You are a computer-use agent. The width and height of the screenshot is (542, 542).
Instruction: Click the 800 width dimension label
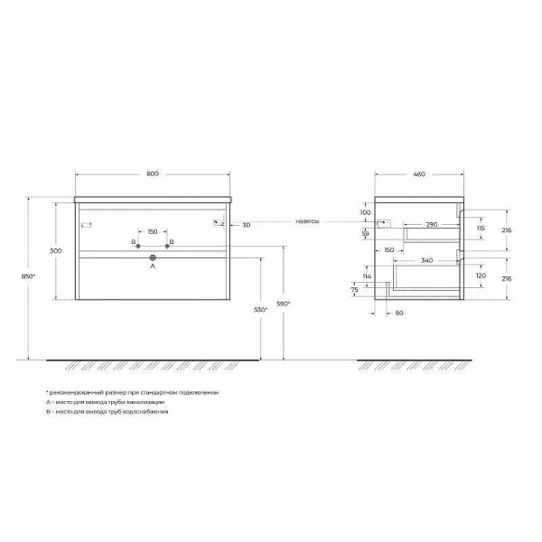[152, 174]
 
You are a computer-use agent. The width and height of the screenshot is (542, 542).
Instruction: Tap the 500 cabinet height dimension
[56, 250]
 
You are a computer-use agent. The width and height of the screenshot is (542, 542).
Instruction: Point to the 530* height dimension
[259, 310]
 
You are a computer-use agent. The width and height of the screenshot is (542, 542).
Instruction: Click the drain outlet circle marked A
[152, 257]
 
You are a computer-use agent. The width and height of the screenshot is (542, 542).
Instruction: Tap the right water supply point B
[167, 244]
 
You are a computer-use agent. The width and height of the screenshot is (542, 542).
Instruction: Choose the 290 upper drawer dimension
[432, 223]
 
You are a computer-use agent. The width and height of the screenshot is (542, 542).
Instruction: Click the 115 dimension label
[481, 229]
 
